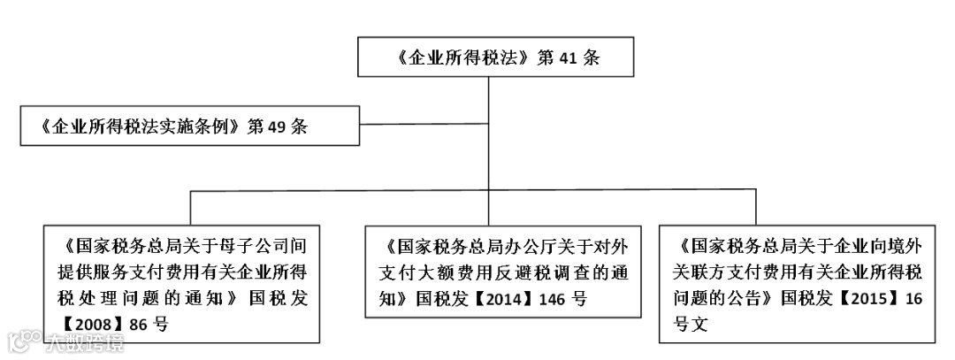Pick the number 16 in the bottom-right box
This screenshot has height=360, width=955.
tap(913, 298)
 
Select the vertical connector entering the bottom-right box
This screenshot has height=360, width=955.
tap(756, 207)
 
